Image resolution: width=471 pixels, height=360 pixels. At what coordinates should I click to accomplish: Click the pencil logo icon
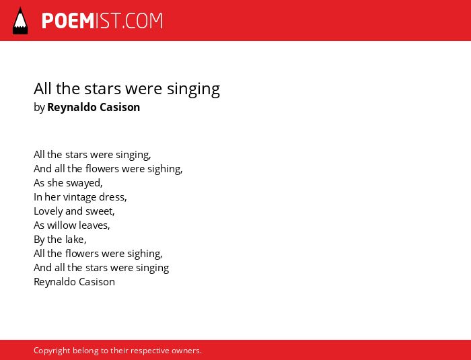(20, 21)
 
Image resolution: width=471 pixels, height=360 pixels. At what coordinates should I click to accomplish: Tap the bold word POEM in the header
(68, 21)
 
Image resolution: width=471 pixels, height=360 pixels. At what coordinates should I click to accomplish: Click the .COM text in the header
(142, 21)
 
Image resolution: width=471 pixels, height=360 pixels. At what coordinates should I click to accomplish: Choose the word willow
(58, 225)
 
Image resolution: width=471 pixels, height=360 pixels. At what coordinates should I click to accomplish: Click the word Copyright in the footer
(52, 351)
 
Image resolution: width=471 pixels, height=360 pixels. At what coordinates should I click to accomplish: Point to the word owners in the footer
(186, 351)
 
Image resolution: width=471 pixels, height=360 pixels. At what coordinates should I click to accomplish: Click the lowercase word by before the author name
(39, 108)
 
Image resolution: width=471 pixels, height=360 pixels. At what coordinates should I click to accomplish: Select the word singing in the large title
(194, 89)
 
